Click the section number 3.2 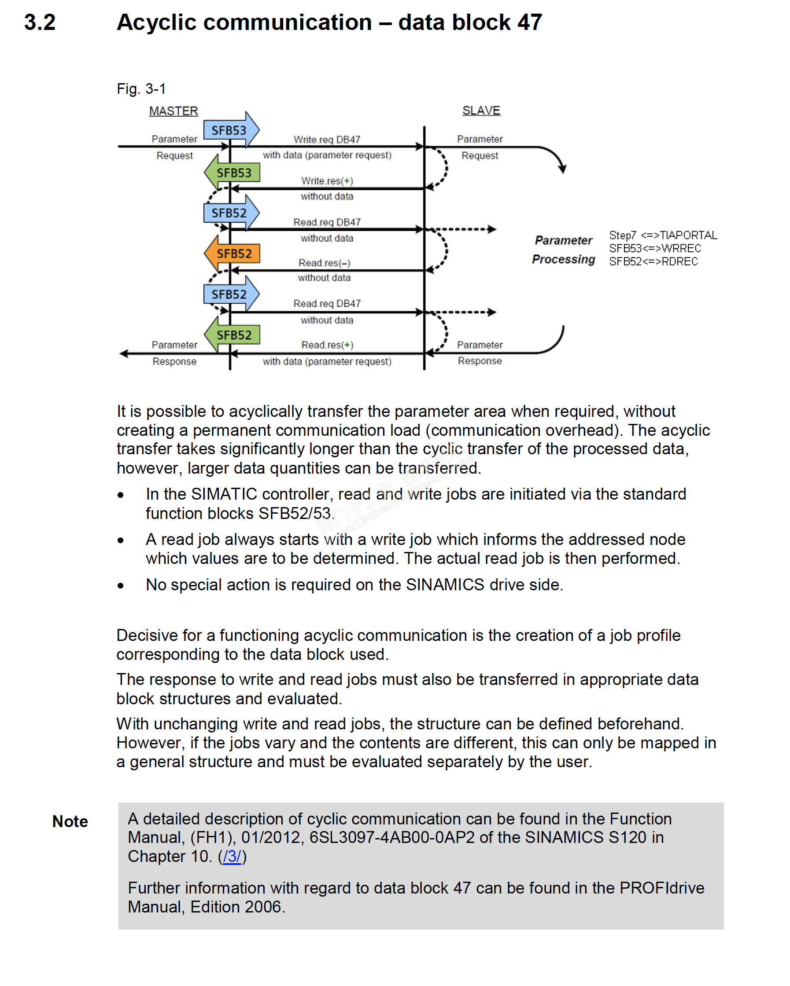40,22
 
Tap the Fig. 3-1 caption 141,89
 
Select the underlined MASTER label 174,111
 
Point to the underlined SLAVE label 481,110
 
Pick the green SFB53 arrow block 233,173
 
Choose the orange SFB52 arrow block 233,254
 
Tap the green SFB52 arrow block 233,335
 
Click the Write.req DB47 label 327,140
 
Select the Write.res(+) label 327,180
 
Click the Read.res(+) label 327,345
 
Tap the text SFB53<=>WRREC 655,248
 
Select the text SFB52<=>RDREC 653,261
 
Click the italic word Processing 563,259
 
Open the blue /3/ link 232,856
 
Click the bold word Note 70,821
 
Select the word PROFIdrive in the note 661,888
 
